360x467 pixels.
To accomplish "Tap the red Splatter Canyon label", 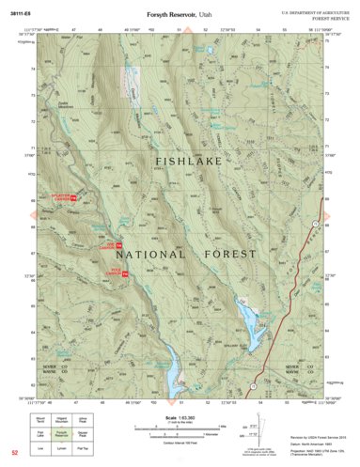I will pos(63,198).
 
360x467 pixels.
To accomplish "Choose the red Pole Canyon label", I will pos(114,272).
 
